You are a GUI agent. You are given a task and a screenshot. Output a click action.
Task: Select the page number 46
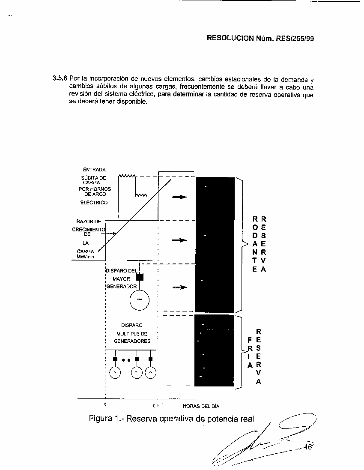pos(307,447)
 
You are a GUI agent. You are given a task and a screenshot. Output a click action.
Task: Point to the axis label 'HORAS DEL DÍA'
pos(201,406)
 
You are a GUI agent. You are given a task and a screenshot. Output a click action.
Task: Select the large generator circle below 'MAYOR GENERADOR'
pos(139,299)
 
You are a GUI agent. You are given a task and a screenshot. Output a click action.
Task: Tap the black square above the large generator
pos(140,277)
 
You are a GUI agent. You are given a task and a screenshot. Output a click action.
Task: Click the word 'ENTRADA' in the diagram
pos(94,170)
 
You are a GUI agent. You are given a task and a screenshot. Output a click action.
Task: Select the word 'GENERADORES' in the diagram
pos(132,341)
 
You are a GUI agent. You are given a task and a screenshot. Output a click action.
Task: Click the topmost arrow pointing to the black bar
pos(179,197)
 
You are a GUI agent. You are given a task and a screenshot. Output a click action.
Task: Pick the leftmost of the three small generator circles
pos(115,373)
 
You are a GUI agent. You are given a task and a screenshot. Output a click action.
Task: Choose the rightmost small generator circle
pos(151,373)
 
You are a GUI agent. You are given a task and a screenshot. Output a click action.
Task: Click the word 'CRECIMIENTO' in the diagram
pos(88,229)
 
